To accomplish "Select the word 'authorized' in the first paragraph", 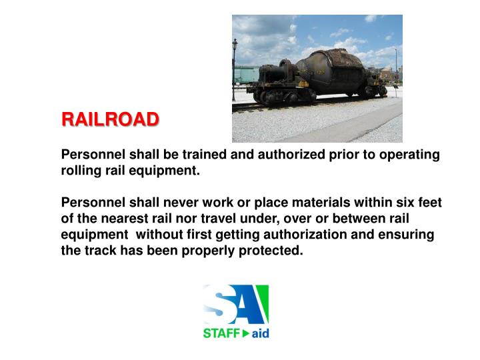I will click(281, 155).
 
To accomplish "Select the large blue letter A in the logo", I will click(252, 303).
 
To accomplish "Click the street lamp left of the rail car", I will click(235, 67).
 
